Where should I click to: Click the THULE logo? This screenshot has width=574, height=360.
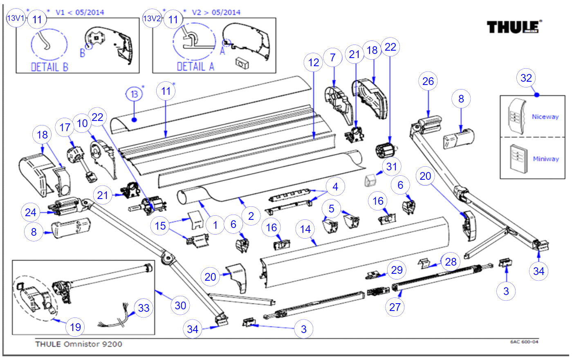[513, 27]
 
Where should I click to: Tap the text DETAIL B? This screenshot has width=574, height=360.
[49, 67]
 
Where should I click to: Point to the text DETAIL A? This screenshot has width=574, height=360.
[195, 67]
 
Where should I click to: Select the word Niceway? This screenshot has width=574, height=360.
[545, 117]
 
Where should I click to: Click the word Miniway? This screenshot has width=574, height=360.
[545, 159]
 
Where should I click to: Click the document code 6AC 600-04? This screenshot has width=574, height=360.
[524, 342]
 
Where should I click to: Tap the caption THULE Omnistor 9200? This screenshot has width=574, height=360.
[78, 344]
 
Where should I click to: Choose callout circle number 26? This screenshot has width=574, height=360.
[428, 81]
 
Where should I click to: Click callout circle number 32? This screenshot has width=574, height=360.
[526, 78]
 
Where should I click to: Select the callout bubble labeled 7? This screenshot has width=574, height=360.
[333, 58]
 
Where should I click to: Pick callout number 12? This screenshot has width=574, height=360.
[314, 63]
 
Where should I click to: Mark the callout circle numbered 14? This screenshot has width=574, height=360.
[305, 229]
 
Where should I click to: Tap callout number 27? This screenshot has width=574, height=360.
[395, 307]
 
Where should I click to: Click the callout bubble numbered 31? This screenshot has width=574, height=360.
[392, 166]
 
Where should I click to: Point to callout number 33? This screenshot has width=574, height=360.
[143, 308]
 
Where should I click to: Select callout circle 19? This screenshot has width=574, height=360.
[75, 327]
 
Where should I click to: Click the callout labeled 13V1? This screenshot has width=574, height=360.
[16, 18]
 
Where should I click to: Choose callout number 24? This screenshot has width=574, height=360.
[31, 212]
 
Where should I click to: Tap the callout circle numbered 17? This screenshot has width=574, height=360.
[65, 127]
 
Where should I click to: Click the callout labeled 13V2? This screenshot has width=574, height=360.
[152, 18]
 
